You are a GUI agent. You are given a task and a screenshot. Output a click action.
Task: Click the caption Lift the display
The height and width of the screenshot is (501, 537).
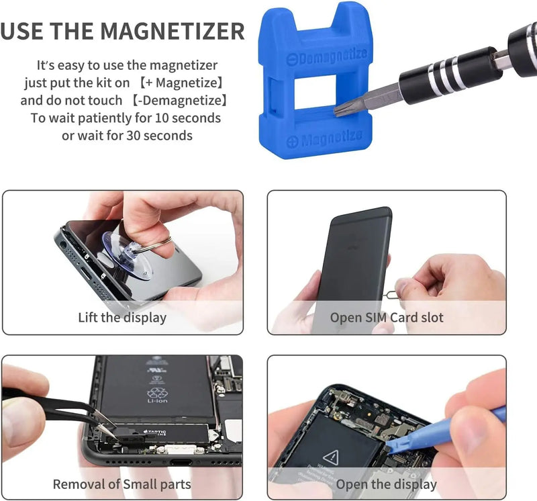(122, 317)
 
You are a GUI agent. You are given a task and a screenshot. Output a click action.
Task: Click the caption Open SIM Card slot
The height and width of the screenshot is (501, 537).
(387, 317)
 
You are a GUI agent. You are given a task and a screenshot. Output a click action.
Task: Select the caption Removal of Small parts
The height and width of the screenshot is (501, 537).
(122, 484)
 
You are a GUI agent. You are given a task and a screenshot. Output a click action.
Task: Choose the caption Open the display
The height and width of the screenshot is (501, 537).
(387, 484)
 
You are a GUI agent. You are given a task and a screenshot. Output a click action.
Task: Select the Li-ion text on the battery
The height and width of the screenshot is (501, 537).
(157, 401)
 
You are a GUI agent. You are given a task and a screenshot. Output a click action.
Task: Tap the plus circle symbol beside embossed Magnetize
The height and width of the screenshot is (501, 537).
(292, 142)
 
